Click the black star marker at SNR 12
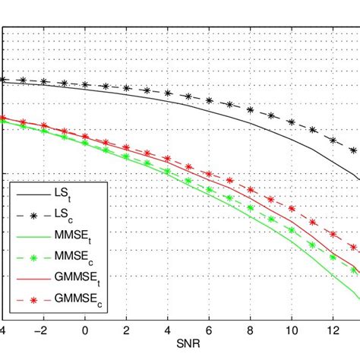tap(332, 141)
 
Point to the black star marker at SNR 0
tap(85, 84)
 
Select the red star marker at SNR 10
tap(291, 209)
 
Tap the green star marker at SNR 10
tap(291, 229)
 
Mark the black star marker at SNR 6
tap(209, 100)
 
